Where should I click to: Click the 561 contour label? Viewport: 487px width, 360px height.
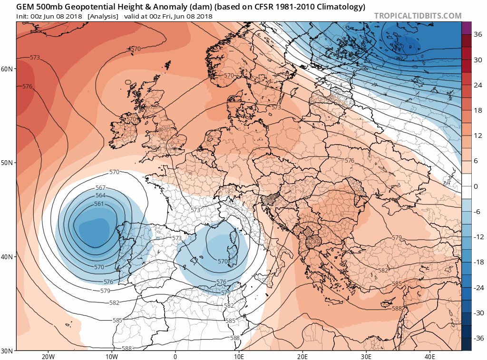pos(99,204)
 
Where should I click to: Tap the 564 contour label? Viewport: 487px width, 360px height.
pos(100,195)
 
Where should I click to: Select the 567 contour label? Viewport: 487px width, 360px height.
pos(101,188)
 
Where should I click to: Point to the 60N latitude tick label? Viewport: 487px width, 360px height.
pos(7,68)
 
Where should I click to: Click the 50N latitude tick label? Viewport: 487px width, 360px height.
pos(7,163)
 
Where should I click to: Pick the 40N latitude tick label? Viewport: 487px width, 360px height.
pos(7,257)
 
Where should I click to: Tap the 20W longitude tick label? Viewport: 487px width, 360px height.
pos(48,356)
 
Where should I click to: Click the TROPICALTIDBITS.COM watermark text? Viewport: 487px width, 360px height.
pos(418,16)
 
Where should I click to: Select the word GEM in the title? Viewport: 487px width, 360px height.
pos(26,7)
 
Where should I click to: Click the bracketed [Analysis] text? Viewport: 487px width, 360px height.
pos(103,16)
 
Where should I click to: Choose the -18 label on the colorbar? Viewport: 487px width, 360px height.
pos(476,262)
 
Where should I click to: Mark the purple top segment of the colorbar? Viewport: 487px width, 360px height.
pos(466,28)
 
